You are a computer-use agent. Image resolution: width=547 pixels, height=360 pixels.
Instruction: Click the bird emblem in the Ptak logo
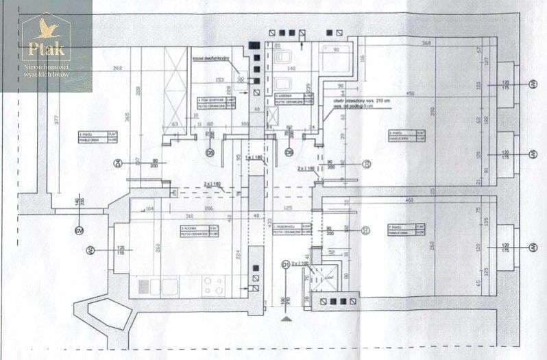[x=46, y=28]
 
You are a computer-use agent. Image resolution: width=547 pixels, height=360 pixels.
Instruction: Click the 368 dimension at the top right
[x=426, y=44]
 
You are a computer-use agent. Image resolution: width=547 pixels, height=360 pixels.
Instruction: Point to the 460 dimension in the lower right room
[x=409, y=200]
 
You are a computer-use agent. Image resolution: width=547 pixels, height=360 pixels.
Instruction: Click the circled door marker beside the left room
[x=118, y=163]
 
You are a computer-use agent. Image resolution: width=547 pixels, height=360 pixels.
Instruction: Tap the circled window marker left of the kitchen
[x=88, y=251]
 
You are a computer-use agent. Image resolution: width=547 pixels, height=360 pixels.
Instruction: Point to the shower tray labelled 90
[x=336, y=60]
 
